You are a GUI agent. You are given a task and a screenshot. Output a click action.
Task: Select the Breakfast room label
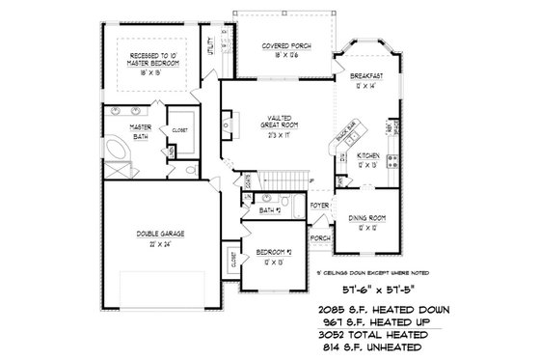click(368, 76)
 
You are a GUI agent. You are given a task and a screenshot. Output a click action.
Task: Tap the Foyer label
click(320, 207)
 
